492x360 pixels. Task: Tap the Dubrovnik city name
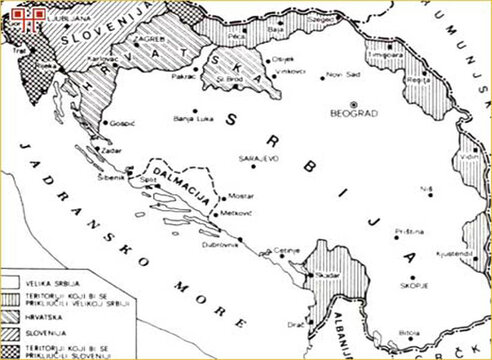coord(219,245)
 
